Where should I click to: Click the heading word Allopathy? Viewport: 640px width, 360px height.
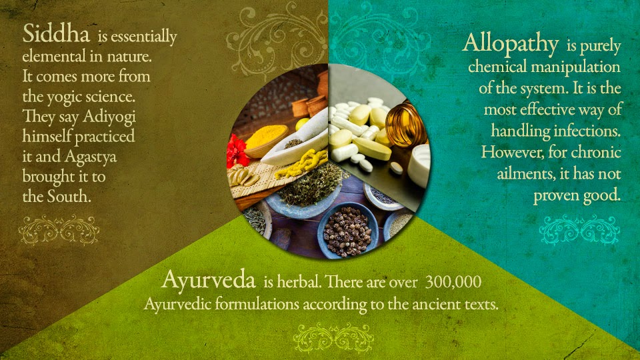510,44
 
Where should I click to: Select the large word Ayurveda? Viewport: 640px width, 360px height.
209,280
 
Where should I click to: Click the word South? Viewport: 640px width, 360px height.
67,197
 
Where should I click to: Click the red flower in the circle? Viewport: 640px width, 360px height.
237,151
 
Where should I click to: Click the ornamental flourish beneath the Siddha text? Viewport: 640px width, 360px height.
59,230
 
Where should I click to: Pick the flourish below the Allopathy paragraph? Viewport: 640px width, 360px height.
579,229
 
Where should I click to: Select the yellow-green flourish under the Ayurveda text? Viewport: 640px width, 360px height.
333,336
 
